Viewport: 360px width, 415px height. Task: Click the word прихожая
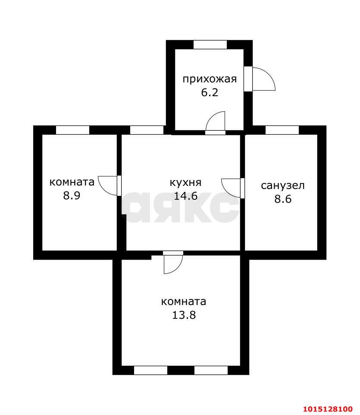pos(210,79)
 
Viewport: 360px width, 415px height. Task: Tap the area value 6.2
pos(210,92)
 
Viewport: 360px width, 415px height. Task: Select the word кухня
pos(185,182)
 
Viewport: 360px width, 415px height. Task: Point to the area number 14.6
pos(185,196)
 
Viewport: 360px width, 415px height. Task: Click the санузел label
pos(282,185)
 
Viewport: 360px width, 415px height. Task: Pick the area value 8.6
pos(282,199)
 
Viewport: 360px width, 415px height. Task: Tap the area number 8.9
pos(72,195)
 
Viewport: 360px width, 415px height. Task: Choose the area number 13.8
pos(184,315)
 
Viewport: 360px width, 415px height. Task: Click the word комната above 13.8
pos(184,301)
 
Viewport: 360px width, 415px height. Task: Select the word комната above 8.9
pos(72,182)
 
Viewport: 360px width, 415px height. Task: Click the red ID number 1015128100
pos(328,408)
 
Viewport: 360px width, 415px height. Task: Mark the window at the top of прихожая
pos(210,44)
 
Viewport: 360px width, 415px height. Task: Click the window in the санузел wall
pos(282,130)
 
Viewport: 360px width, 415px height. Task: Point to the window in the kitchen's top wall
pos(147,130)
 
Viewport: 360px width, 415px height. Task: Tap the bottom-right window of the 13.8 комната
pos(211,370)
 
